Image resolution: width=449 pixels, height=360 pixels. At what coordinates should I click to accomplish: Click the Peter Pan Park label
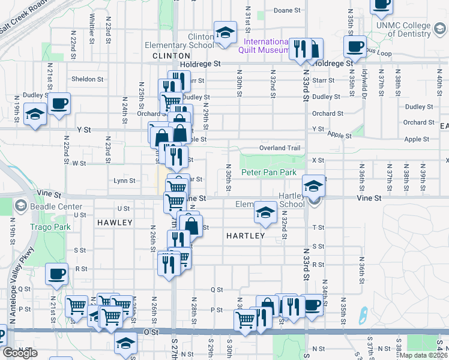pos(269,172)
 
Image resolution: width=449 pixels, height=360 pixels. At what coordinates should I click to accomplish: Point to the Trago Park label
pos(50,227)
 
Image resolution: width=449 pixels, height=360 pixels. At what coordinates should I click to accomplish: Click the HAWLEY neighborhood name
pos(114,223)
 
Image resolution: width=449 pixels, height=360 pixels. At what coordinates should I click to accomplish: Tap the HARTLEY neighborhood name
pos(246,236)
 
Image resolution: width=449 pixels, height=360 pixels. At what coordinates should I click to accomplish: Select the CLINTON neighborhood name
pos(158,55)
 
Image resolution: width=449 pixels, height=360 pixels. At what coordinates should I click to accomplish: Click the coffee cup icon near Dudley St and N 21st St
pos(59,103)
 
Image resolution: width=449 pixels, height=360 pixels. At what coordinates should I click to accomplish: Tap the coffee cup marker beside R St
pos(57,274)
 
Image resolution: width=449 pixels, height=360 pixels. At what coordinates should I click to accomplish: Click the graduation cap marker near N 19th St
pos(35,114)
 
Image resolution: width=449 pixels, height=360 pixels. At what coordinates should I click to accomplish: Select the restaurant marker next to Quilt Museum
pos(298,49)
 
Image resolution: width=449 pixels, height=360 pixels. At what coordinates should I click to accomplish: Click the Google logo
pos(20,353)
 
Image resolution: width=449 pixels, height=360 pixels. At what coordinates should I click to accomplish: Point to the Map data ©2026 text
pos(423,355)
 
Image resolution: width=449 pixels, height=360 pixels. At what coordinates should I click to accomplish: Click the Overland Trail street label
pos(279,148)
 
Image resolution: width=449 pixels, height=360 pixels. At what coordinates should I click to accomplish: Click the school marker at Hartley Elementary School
pos(264,211)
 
